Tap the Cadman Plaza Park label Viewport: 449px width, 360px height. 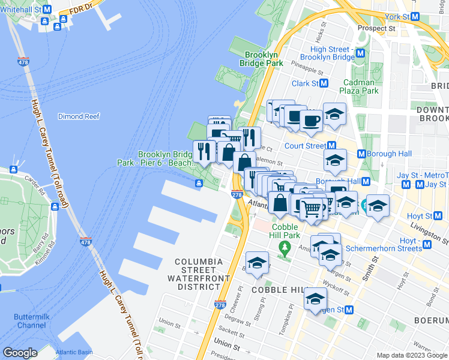[361, 86]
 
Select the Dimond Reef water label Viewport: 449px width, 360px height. [79, 116]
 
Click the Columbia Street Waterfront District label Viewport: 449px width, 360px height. [199, 274]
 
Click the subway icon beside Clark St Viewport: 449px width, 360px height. [324, 83]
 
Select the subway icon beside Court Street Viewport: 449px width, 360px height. [331, 146]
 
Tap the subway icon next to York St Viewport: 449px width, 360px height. [415, 17]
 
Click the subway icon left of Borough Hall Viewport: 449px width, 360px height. [361, 154]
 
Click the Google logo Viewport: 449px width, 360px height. [20, 353]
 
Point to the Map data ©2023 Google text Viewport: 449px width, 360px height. [411, 355]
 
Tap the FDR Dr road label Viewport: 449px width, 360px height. [81, 8]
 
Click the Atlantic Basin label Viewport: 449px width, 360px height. [74, 352]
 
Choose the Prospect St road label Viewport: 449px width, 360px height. [376, 28]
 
